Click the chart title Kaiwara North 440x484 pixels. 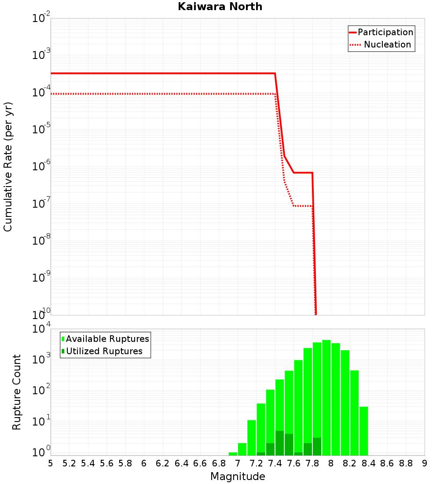(220, 7)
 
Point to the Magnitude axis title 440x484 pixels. (238, 477)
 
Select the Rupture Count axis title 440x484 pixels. (17, 392)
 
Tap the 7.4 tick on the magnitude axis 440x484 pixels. (275, 463)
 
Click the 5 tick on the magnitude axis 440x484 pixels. (51, 463)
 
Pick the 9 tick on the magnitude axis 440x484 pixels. (425, 463)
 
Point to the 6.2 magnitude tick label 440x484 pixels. (163, 463)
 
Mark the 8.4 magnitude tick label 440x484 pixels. (368, 463)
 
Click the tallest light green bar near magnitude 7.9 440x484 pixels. (326, 396)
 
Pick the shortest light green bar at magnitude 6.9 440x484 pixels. (233, 454)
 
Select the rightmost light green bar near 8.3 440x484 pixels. (363, 431)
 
